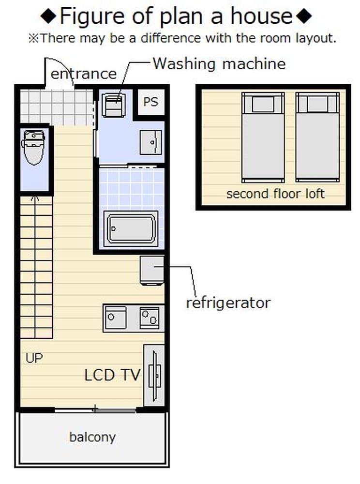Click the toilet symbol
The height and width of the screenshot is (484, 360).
33,147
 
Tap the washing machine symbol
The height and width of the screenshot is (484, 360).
114,105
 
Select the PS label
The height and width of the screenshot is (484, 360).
150,102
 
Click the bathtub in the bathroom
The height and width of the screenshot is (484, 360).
131,229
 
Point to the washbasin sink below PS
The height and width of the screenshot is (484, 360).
151,142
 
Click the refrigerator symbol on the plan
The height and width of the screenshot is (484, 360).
152,271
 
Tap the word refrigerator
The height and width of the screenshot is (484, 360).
228,303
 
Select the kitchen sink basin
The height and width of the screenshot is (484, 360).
116,318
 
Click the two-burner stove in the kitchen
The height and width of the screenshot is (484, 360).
150,318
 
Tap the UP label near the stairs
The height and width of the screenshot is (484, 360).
34,358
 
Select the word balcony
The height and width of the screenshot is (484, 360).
92,437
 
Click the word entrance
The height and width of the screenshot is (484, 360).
84,74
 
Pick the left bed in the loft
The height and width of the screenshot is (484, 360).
263,137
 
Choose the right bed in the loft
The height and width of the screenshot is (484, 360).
317,137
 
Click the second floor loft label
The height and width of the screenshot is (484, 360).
275,194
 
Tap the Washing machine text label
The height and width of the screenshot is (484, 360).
219,64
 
